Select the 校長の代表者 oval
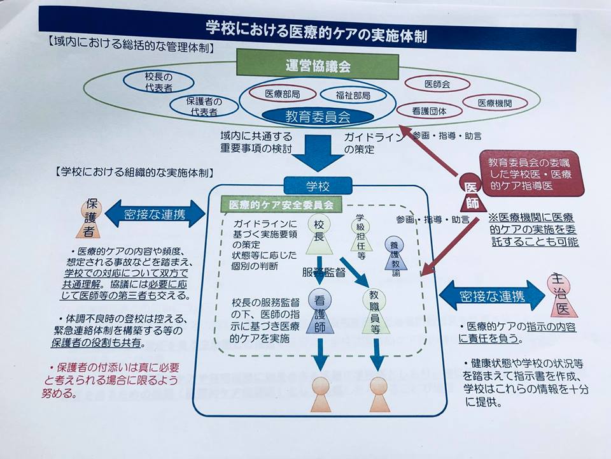click(151, 82)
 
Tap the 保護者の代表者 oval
click(202, 106)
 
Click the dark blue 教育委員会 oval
click(318, 117)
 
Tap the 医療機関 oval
click(495, 103)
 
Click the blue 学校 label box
click(318, 186)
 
